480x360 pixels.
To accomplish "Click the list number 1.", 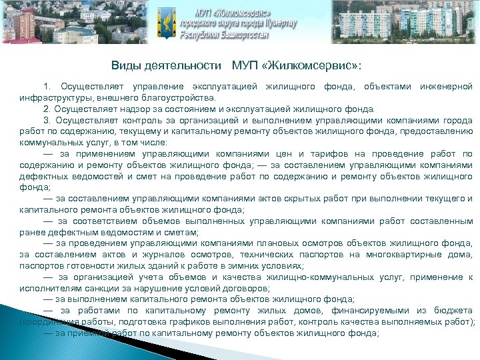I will [x=47, y=87].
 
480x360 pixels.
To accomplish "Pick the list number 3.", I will [x=47, y=121].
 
